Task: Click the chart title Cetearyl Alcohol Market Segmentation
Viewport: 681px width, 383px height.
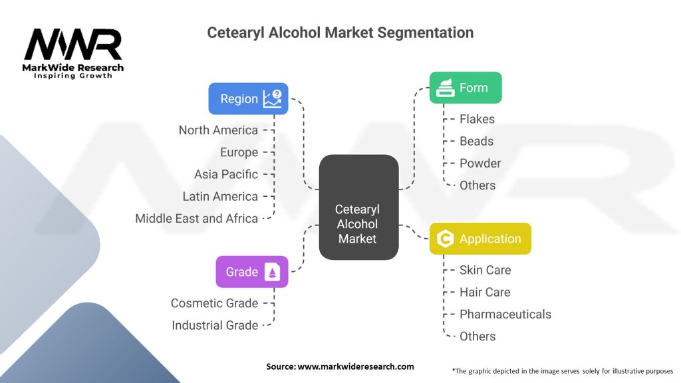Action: click(x=340, y=33)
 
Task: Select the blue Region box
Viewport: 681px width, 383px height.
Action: click(x=248, y=98)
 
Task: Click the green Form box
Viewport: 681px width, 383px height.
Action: click(x=465, y=88)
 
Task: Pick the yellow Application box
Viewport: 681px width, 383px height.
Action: click(x=480, y=239)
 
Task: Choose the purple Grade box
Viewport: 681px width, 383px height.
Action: click(x=252, y=271)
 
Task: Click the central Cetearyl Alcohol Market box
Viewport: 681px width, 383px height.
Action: click(x=358, y=207)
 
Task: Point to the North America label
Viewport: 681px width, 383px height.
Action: click(x=218, y=130)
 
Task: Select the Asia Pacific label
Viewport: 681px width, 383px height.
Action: click(x=226, y=174)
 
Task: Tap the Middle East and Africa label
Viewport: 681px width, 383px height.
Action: click(x=197, y=218)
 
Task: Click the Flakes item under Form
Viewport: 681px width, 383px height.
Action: click(x=477, y=119)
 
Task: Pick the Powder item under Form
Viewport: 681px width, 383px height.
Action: click(x=480, y=163)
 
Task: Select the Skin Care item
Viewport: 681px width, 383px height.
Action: click(x=485, y=270)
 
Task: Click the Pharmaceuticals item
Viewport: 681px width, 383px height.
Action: click(x=505, y=314)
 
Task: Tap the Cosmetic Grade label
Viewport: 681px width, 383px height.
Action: click(x=214, y=303)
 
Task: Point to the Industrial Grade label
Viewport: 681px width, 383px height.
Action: click(x=215, y=325)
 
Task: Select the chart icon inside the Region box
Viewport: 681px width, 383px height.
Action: click(x=272, y=99)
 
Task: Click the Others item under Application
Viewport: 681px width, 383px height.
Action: click(x=477, y=336)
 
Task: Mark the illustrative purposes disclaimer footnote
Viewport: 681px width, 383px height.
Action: click(x=562, y=370)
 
